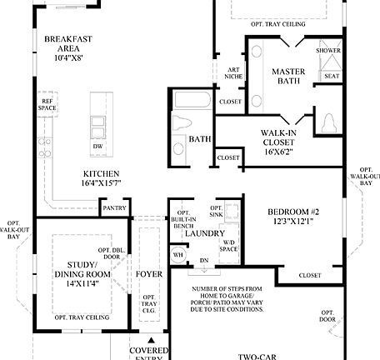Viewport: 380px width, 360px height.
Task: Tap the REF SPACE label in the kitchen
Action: [x=47, y=104]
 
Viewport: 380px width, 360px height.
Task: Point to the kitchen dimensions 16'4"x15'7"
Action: [x=102, y=182]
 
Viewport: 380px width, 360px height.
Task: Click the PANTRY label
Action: [x=112, y=207]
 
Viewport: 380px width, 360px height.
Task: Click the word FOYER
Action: [x=149, y=272]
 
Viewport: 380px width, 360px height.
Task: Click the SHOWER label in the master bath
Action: [x=329, y=50]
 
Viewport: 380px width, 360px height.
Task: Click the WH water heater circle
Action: [x=177, y=256]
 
